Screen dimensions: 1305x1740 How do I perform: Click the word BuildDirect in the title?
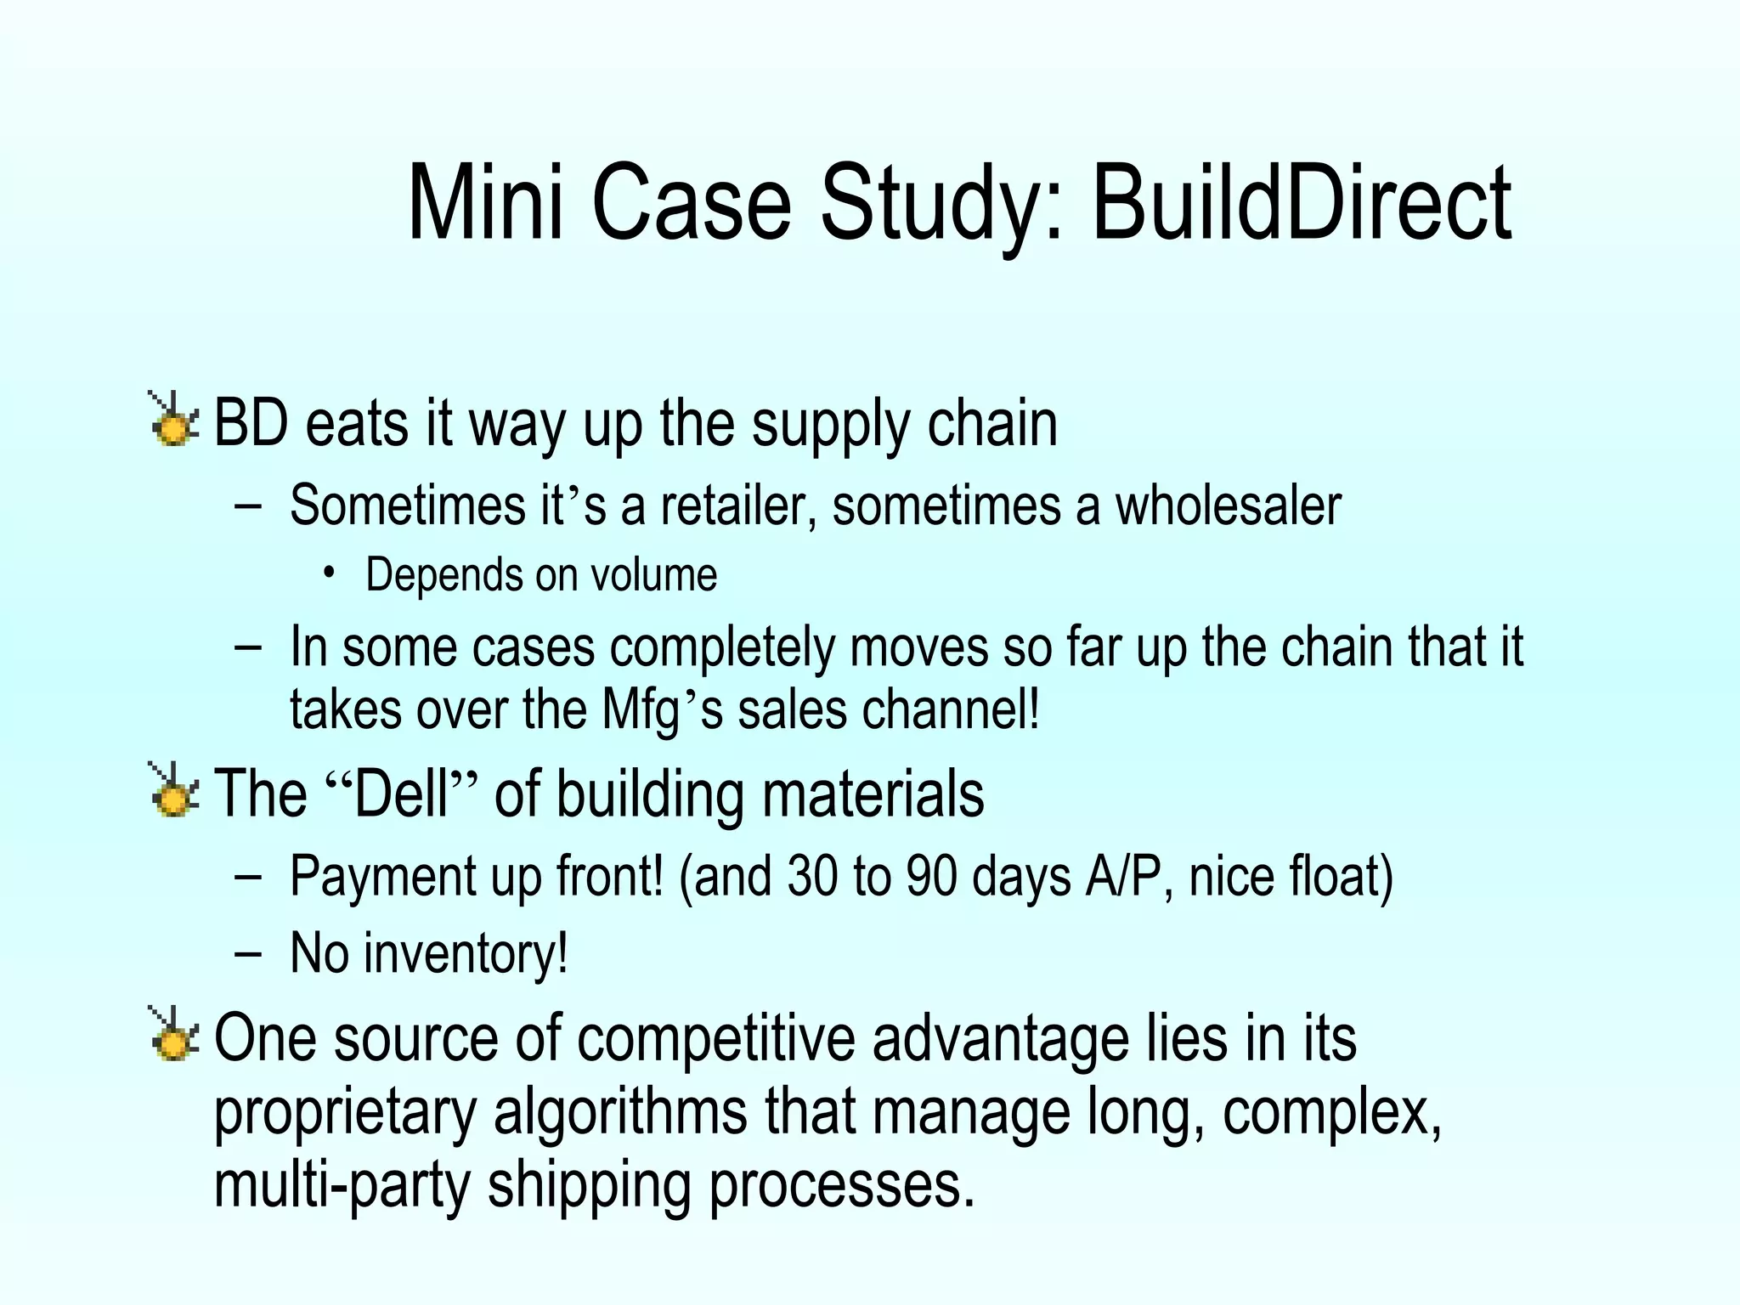pos(1301,204)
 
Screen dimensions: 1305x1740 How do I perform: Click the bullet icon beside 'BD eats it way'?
pos(173,420)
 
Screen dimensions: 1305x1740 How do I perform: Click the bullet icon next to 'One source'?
pos(173,1035)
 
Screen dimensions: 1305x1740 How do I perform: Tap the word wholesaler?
pos(1228,505)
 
